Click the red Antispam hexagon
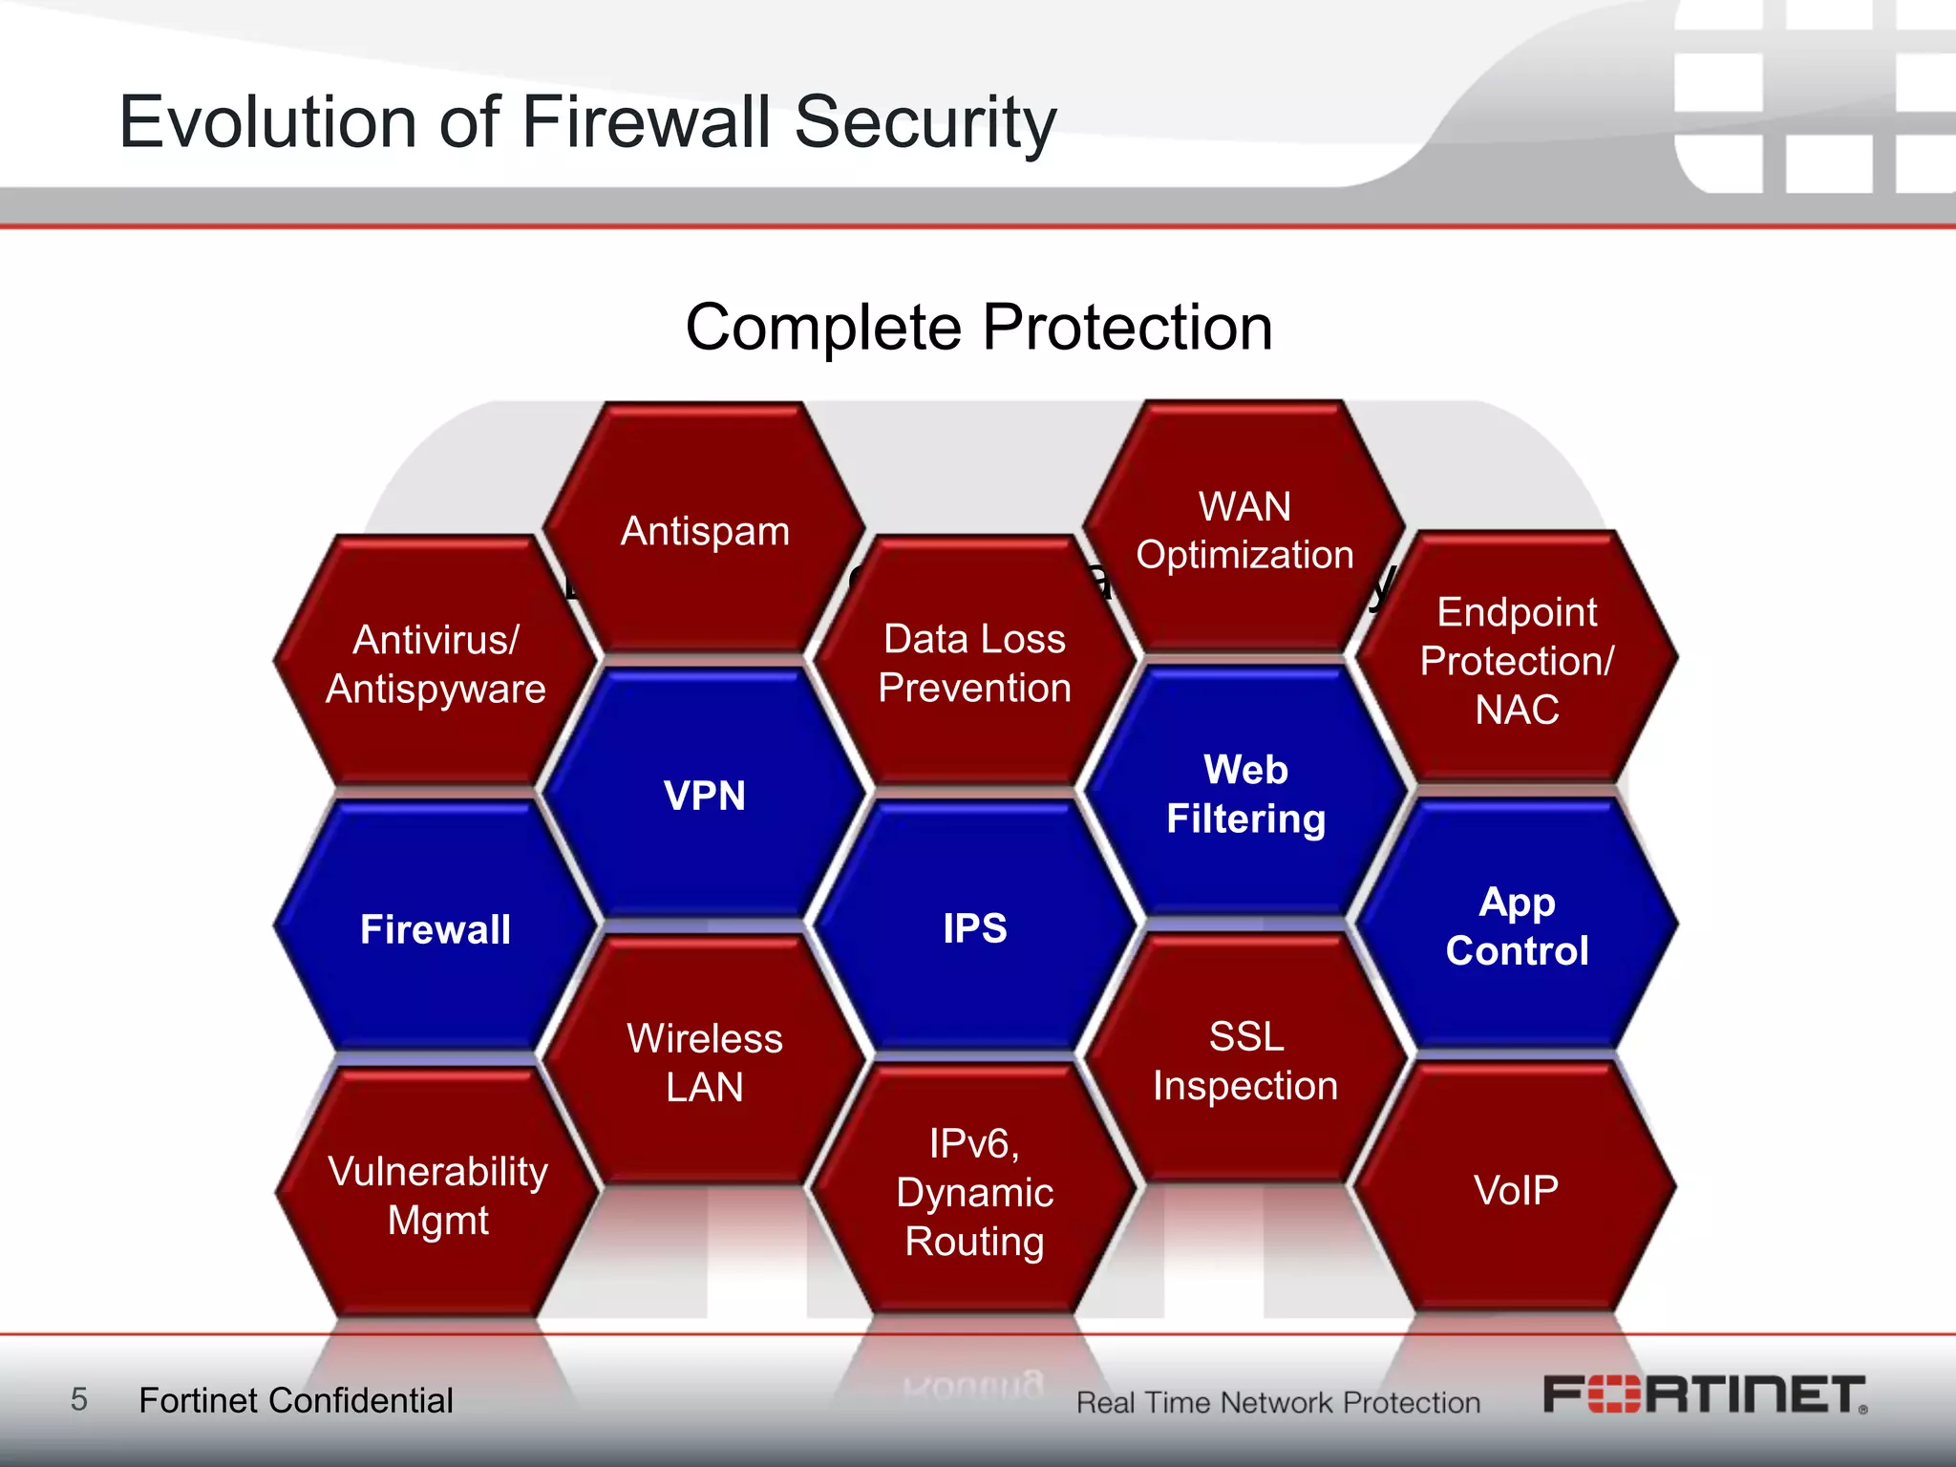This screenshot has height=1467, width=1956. (x=705, y=530)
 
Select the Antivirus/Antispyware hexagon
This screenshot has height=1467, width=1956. (x=436, y=663)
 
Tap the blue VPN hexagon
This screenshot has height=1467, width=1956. (x=705, y=795)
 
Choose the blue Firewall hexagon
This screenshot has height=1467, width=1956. (x=436, y=928)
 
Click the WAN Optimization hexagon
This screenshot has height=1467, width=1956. (x=1244, y=530)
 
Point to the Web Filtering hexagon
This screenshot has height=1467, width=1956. (x=1245, y=794)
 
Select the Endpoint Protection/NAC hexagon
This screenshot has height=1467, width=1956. (x=1517, y=660)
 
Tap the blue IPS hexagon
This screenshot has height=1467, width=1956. (x=974, y=927)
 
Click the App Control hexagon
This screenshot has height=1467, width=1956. (x=1517, y=925)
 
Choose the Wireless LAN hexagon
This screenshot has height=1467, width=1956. (x=705, y=1062)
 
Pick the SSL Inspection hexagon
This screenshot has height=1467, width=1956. (x=1245, y=1060)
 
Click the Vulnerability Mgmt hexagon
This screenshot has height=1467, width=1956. (x=437, y=1195)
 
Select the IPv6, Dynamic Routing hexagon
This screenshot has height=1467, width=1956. (x=974, y=1192)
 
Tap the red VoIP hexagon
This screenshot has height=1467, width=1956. (x=1516, y=1189)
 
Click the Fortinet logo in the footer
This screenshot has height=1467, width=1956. (x=1705, y=1395)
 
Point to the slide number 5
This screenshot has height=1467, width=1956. (x=79, y=1399)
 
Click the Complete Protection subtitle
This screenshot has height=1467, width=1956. (x=979, y=328)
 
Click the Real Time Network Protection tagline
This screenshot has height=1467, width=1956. (x=1278, y=1402)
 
